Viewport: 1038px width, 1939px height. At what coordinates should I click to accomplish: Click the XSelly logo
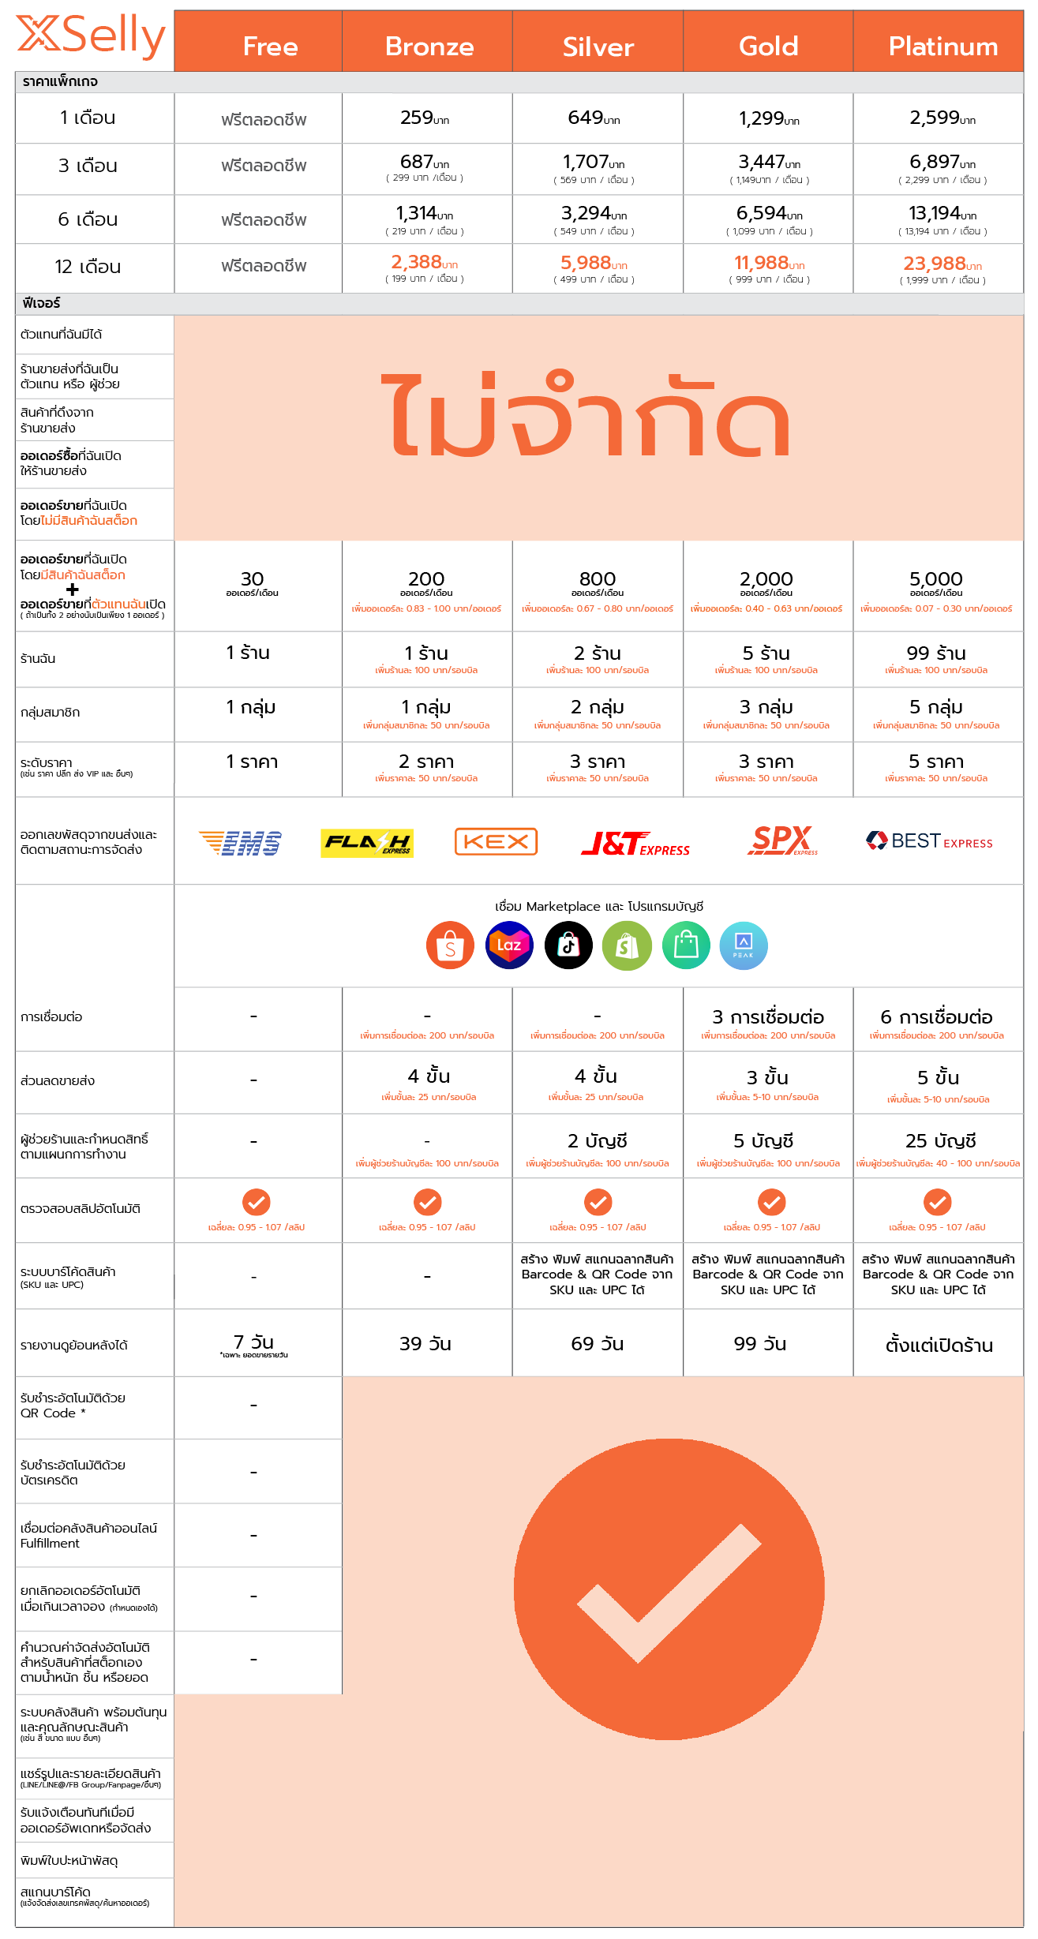pos(91,36)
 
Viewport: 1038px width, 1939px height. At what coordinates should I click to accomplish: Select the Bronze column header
pos(429,47)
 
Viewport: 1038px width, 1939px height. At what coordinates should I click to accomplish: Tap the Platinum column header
pos(943,47)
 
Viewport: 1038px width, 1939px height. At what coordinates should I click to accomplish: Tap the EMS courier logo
pos(240,843)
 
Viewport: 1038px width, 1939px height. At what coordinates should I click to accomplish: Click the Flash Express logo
pos(367,843)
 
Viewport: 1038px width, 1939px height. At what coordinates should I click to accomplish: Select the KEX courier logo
pos(496,841)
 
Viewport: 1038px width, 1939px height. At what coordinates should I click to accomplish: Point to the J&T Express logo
pos(635,844)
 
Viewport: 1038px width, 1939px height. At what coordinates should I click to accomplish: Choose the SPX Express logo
pos(781,840)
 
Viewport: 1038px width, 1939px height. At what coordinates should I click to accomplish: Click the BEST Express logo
pos(929,841)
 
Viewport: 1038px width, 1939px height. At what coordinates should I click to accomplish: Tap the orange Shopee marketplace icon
pos(450,945)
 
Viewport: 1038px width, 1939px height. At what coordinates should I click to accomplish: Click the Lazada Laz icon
pos(509,945)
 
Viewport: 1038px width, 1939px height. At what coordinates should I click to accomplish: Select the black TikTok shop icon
pos(568,945)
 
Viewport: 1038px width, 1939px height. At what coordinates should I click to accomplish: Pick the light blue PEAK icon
pos(744,945)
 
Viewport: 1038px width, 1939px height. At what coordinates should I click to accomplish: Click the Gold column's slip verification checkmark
pos(771,1202)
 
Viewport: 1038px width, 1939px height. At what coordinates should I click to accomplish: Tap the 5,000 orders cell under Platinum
pos(936,580)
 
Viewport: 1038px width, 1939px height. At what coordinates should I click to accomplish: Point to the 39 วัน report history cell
pos(425,1343)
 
